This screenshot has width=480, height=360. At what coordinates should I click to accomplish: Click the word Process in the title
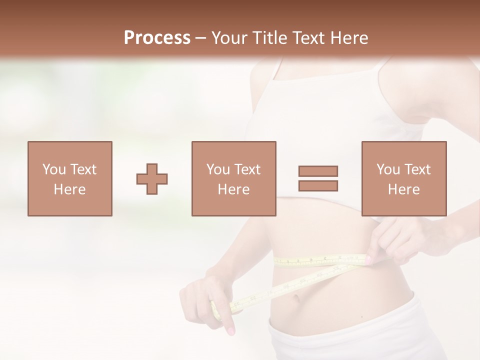(x=157, y=38)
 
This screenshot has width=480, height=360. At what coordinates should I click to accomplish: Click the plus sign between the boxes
(x=152, y=179)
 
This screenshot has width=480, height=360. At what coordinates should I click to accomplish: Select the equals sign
(x=318, y=178)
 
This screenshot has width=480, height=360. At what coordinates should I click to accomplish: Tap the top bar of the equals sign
(x=318, y=171)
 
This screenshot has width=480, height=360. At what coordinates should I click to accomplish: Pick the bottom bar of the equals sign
(x=318, y=186)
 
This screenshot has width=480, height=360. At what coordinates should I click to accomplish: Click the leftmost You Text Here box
(x=69, y=178)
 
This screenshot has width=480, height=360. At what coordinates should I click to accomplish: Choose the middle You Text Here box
(x=233, y=178)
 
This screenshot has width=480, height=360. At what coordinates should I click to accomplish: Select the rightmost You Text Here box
(x=403, y=178)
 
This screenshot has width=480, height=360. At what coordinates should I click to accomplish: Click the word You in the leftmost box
(x=53, y=169)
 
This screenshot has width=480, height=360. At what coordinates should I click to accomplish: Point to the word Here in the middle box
(x=233, y=189)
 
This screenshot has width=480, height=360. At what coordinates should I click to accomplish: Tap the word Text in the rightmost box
(x=417, y=169)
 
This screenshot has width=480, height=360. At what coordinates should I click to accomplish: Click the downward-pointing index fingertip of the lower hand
(x=230, y=330)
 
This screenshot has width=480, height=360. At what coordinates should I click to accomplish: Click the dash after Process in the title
(x=200, y=38)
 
